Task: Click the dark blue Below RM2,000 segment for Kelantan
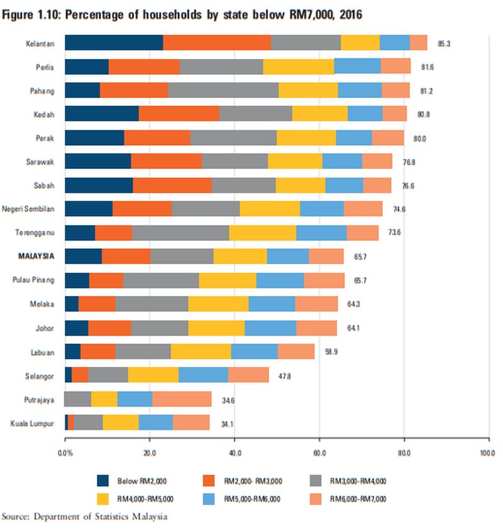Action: [114, 43]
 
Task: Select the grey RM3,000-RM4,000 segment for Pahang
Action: [223, 90]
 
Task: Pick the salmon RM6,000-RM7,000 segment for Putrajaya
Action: [182, 399]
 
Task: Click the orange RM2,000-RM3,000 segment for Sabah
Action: [172, 185]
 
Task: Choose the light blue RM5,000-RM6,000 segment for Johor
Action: [270, 328]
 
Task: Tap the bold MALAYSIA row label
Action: [36, 256]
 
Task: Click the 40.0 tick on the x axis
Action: [234, 452]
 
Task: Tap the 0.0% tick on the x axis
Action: [65, 452]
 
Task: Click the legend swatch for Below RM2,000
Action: [105, 481]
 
